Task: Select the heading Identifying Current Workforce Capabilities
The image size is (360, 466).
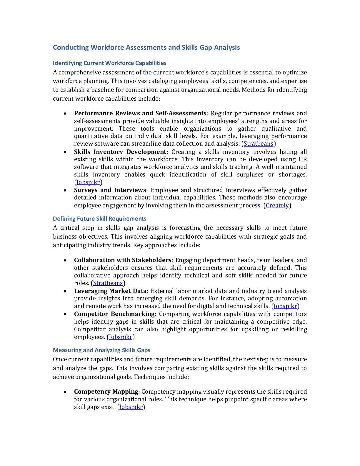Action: (x=109, y=63)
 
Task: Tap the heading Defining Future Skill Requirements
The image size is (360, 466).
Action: (x=99, y=219)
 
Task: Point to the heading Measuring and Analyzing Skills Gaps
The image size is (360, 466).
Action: (x=101, y=350)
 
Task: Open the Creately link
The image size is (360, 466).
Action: (x=277, y=205)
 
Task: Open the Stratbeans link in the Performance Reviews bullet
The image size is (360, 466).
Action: (x=259, y=144)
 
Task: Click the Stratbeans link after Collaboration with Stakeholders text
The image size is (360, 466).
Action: (x=108, y=283)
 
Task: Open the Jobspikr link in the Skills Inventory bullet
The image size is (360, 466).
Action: (x=88, y=182)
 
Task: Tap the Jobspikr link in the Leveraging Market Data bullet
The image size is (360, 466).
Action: (x=285, y=306)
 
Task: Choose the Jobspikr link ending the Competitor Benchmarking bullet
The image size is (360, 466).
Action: (x=121, y=337)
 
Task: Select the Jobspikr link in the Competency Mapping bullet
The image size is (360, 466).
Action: (x=131, y=407)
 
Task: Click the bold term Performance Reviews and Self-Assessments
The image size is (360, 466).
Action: (x=140, y=113)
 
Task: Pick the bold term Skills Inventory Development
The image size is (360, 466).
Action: (x=120, y=152)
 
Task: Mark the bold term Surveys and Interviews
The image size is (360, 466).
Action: (x=110, y=190)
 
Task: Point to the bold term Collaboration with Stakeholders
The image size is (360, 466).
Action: (x=123, y=260)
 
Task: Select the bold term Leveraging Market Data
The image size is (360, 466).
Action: (x=110, y=291)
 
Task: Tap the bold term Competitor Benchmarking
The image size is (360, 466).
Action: (x=114, y=314)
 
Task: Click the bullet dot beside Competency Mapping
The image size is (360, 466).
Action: (x=65, y=392)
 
